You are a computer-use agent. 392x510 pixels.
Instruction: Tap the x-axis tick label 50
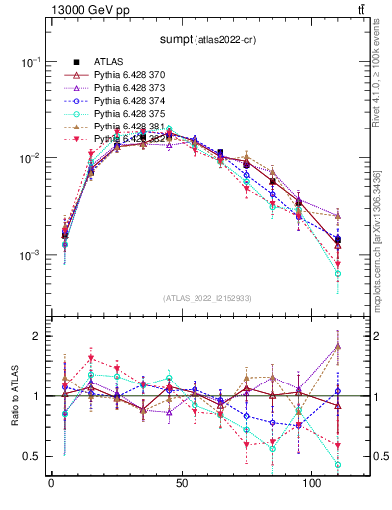pos(181,484)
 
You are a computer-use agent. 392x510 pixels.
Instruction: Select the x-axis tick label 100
pos(312,484)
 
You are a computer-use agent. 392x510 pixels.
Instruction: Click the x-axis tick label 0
pos(51,484)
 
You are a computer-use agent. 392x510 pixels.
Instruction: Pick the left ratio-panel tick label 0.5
pos(30,456)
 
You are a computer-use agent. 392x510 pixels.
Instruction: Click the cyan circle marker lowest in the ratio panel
pos(338,465)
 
